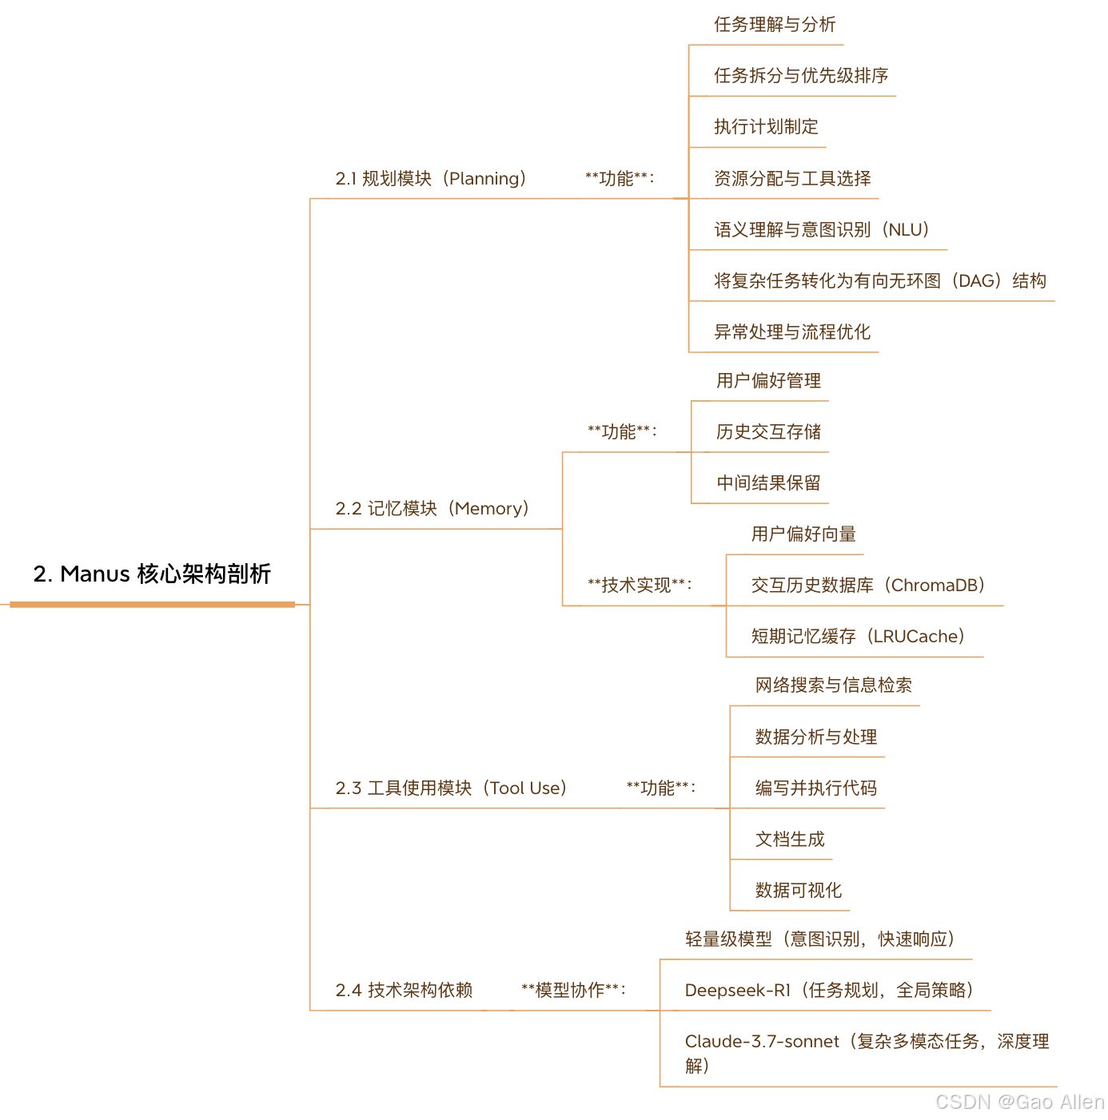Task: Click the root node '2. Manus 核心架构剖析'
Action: pyautogui.click(x=152, y=574)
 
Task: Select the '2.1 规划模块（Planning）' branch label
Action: pyautogui.click(x=431, y=178)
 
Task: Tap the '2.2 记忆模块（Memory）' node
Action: pyautogui.click(x=432, y=508)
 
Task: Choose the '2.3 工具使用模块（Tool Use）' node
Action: pyautogui.click(x=451, y=788)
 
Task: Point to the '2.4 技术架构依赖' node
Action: pyautogui.click(x=404, y=990)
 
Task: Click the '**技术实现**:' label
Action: pyautogui.click(x=640, y=585)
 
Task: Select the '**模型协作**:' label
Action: pyautogui.click(x=573, y=990)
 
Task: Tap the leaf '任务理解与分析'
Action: pyautogui.click(x=775, y=25)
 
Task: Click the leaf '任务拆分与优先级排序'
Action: pyautogui.click(x=801, y=76)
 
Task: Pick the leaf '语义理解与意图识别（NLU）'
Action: pyautogui.click(x=822, y=230)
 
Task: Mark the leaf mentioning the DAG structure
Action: pyautogui.click(x=879, y=281)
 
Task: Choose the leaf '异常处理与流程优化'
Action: pyautogui.click(x=792, y=332)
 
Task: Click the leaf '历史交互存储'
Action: pyautogui.click(x=768, y=432)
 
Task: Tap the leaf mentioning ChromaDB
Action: pyautogui.click(x=868, y=586)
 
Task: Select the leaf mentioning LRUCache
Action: pyautogui.click(x=858, y=637)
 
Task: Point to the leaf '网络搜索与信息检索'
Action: pyautogui.click(x=834, y=685)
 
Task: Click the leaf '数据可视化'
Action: pyautogui.click(x=799, y=891)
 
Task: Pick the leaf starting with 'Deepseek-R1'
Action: pyautogui.click(x=829, y=991)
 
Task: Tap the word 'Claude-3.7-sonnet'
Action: pyautogui.click(x=762, y=1042)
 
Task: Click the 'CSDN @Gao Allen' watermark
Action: pyautogui.click(x=1019, y=1102)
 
